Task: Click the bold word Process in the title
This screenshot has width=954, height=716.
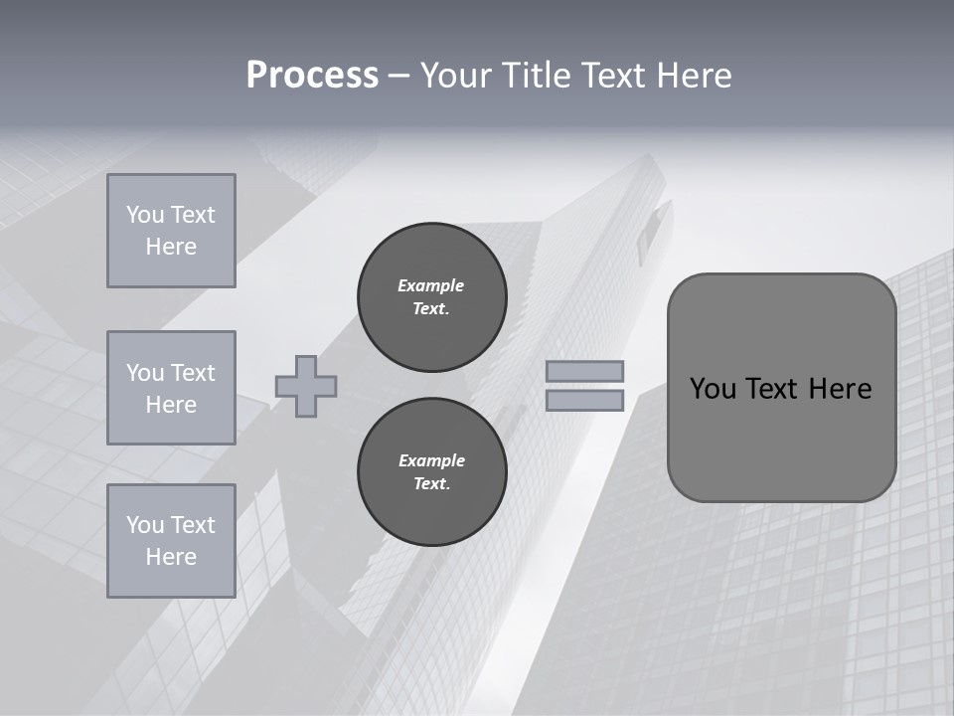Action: [312, 76]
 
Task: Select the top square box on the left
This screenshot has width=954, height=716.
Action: [171, 231]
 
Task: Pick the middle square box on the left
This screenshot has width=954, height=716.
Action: [171, 388]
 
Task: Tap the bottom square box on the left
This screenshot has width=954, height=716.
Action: [171, 541]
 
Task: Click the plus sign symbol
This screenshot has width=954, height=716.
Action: [306, 386]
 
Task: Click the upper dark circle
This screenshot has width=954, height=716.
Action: [432, 297]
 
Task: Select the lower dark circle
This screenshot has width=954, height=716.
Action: [432, 472]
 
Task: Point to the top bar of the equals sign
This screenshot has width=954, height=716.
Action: [585, 371]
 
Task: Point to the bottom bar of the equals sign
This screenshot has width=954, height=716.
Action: [585, 401]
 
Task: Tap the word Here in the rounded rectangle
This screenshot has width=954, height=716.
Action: [840, 389]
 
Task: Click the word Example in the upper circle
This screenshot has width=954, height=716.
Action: [431, 285]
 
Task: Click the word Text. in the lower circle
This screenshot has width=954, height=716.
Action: [431, 484]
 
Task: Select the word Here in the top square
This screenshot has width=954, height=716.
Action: [171, 247]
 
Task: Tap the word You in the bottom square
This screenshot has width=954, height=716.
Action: [145, 525]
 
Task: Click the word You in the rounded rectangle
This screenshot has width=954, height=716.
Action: [713, 389]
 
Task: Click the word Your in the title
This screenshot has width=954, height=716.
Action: [458, 76]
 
